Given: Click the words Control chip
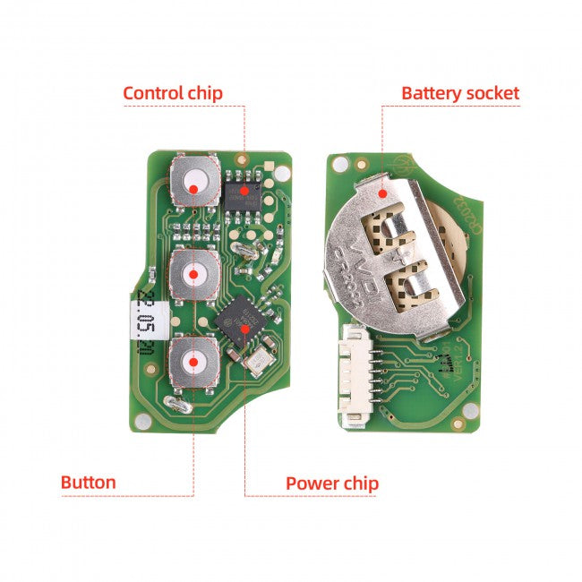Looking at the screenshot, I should [x=172, y=93].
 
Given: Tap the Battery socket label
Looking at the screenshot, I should [x=459, y=93].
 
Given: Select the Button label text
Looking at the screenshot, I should [x=88, y=483].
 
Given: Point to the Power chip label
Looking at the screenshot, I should [x=331, y=484].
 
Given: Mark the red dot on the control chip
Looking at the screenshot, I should [x=244, y=190].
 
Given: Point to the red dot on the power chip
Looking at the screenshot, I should [x=244, y=328].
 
